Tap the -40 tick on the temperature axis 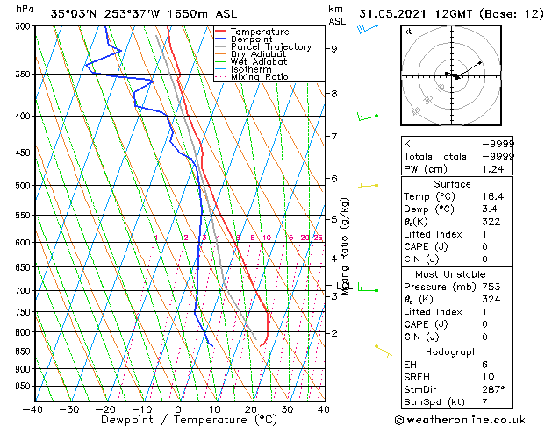click(x=33, y=408)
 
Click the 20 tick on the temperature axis click(x=250, y=408)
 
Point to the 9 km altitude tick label click(x=334, y=49)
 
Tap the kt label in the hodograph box click(x=407, y=31)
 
